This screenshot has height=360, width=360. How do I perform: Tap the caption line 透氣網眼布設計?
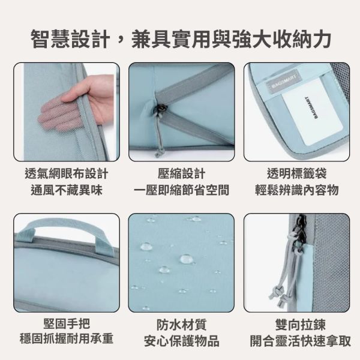67,174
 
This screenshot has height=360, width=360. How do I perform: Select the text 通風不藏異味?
67,190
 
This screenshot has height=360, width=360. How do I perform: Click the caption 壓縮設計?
181,174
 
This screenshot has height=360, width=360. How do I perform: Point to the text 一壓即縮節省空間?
181,190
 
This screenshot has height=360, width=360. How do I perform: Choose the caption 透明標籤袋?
296,174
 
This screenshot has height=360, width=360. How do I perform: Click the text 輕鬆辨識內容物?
296,190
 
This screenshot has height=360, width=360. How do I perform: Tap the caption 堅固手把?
67,325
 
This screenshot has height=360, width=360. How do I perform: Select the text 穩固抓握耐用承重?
67,340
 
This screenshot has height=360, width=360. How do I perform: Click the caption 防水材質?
181,325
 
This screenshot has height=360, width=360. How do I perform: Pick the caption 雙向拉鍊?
296,325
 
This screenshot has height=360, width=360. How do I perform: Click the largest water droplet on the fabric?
187,259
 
